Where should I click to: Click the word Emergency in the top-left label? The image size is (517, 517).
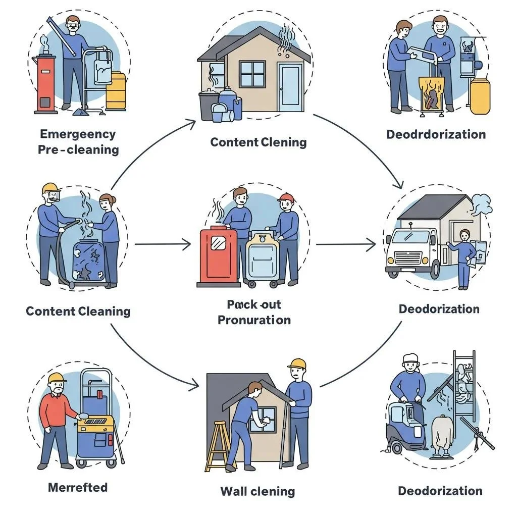point(78,134)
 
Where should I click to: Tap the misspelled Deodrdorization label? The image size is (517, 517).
point(436,134)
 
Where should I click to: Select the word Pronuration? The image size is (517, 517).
point(254,320)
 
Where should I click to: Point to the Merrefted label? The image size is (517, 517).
point(78,487)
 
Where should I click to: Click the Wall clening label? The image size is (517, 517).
point(257,491)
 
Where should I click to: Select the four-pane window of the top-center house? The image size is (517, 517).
point(252,74)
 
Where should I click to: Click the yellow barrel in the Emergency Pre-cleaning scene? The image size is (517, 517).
point(116,91)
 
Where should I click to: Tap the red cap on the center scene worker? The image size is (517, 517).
point(286,197)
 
